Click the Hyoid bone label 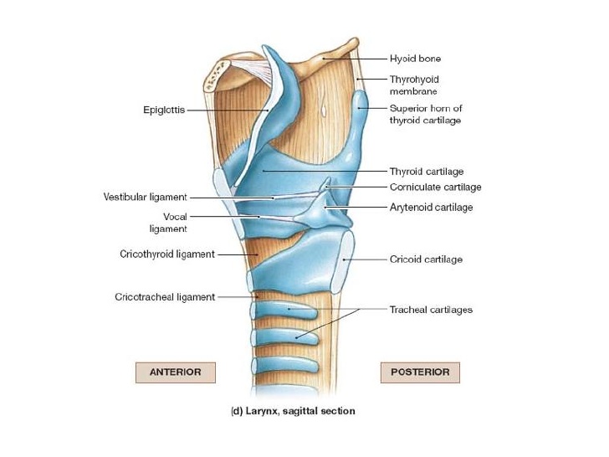click(415, 59)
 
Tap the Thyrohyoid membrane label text click(414, 85)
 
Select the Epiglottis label click(163, 109)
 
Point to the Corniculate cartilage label click(435, 187)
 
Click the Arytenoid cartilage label click(431, 207)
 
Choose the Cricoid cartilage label click(426, 259)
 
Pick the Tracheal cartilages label click(431, 310)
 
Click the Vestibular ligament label click(145, 198)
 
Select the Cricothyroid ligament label click(167, 254)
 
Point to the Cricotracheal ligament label click(165, 297)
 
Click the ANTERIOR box click(175, 372)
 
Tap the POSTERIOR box click(420, 372)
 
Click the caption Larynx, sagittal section click(293, 411)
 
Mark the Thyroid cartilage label click(426, 172)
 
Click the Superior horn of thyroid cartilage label click(425, 114)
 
